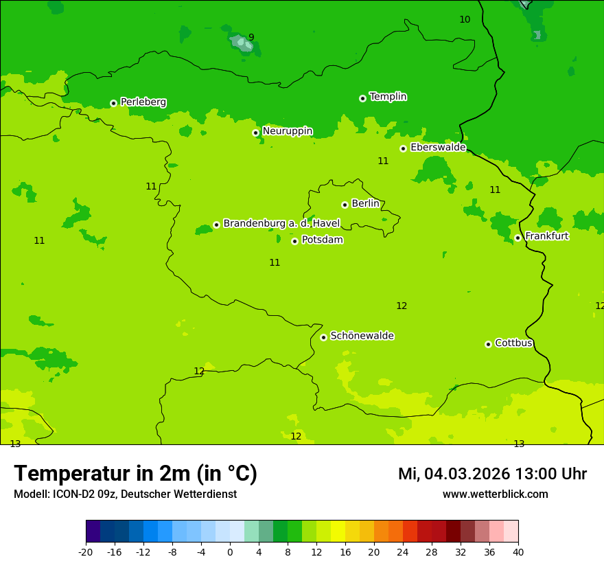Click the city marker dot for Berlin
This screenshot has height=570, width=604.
point(345,205)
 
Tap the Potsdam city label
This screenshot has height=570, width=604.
point(322,240)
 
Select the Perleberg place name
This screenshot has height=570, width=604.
point(143,102)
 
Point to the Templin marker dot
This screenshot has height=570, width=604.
point(362,98)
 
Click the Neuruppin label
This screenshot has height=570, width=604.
point(288,131)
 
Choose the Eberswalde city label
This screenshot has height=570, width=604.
point(438,148)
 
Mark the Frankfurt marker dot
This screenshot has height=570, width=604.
point(518,238)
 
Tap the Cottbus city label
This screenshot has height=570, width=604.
point(513,343)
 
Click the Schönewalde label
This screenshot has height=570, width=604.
point(362,336)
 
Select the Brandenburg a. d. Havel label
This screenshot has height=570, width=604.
point(281,223)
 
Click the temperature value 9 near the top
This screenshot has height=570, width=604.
point(251,38)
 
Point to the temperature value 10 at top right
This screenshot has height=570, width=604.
point(465,19)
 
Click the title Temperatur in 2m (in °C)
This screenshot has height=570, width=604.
point(135,473)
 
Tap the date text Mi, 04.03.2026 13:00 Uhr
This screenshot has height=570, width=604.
point(492,474)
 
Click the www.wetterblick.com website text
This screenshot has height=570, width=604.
point(495,494)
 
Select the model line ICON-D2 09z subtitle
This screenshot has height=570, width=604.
point(125,494)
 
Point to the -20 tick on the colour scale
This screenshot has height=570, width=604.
point(86,551)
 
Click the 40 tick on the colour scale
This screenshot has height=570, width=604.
point(518,551)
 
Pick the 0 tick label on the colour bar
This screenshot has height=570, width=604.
point(230,551)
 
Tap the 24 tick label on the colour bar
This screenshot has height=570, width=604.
point(403,551)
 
